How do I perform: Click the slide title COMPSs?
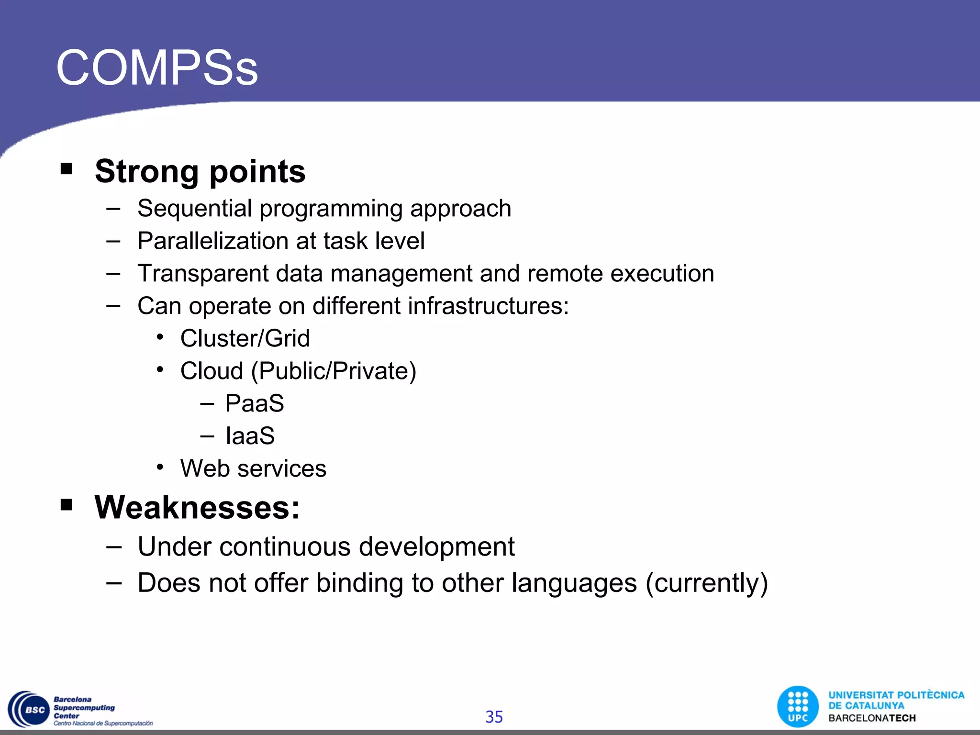point(157,68)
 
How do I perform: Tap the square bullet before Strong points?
point(67,169)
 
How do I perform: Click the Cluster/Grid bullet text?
point(245,339)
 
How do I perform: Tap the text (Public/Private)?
point(334,371)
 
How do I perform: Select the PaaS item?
point(255,403)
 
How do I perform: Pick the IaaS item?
point(250,436)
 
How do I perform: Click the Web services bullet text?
point(253,468)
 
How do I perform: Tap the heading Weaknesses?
point(197,507)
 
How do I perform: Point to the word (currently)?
point(706,583)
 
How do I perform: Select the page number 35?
point(494,717)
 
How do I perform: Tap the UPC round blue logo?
point(798,707)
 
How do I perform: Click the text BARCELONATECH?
point(872,718)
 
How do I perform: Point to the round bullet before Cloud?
point(160,370)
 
